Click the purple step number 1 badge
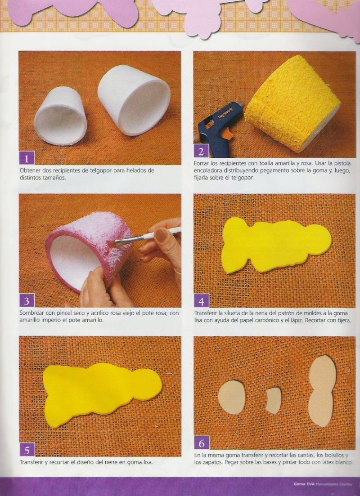coord(27,158)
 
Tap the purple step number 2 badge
coord(201,151)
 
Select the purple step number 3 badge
coord(27,300)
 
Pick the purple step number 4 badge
coord(201,300)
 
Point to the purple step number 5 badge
coord(27,450)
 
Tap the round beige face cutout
coord(232,398)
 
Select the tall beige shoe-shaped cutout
coord(322,391)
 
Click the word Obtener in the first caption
coord(29,170)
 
